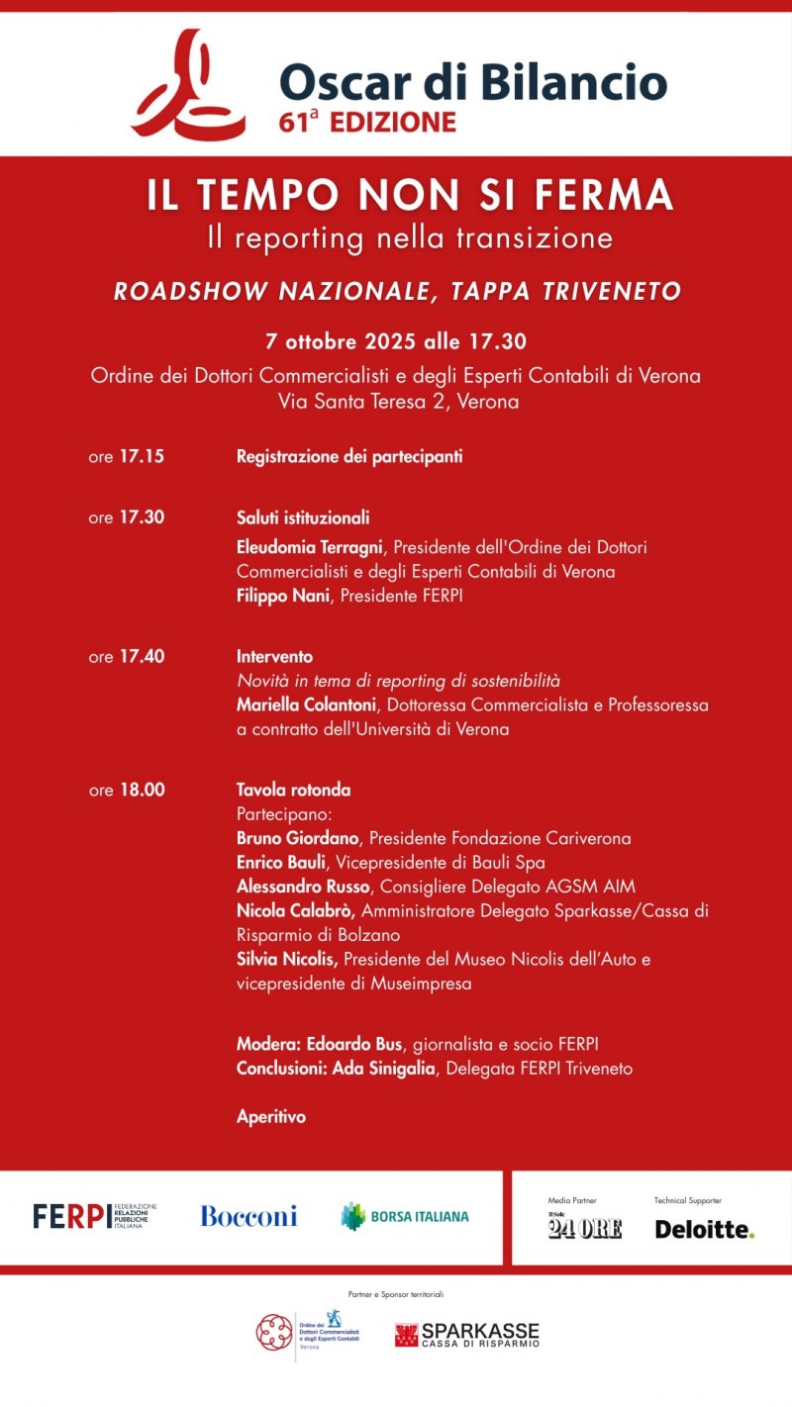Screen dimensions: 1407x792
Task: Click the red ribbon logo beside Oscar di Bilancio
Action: coord(189,85)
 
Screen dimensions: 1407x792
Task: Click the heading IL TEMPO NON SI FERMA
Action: coord(410,195)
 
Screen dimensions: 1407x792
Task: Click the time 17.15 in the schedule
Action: coord(142,457)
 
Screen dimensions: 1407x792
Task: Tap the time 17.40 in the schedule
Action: coord(142,656)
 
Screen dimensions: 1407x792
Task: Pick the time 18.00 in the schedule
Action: coord(142,791)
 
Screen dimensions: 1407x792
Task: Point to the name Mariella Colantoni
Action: coord(306,705)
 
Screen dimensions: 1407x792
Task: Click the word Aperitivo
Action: coord(271,1117)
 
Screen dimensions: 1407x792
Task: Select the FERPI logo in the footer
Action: coord(94,1216)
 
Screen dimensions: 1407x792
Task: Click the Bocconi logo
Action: coord(248,1216)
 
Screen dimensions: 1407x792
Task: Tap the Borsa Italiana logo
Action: coord(405,1216)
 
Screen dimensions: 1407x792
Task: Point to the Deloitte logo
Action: coord(704,1229)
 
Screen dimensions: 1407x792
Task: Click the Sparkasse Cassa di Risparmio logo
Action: coord(467,1335)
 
